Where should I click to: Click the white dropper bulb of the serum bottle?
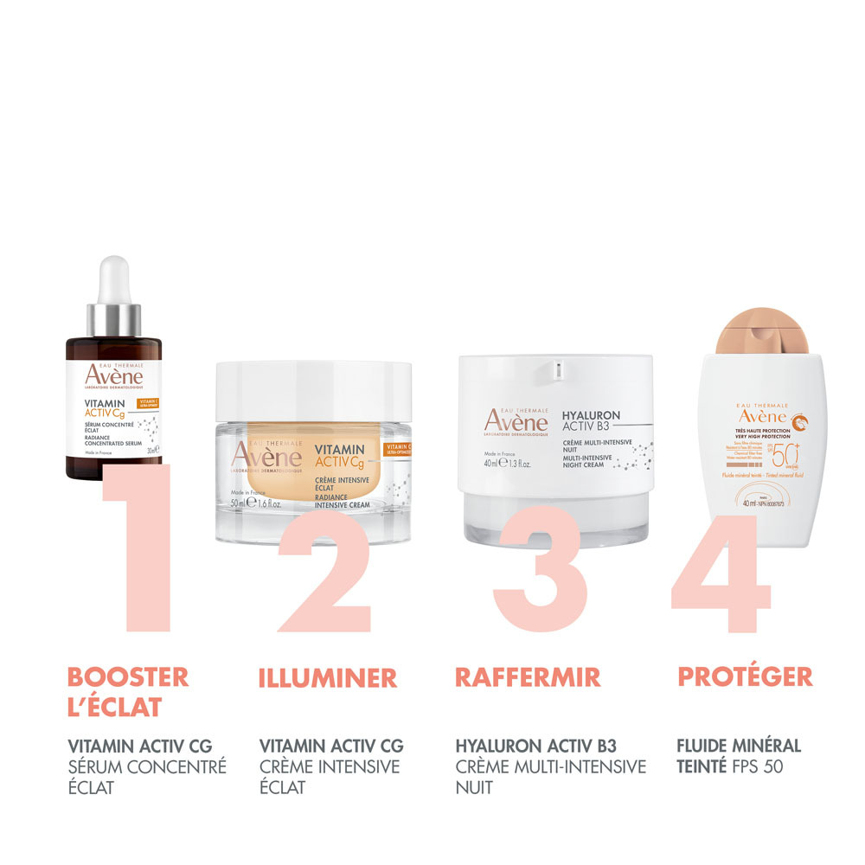113,279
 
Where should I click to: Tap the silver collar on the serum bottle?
113,317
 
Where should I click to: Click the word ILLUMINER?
328,677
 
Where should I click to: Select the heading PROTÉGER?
745,677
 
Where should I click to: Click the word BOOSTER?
127,677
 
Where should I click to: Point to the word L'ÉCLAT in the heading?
115,708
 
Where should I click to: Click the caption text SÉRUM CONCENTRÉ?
147,766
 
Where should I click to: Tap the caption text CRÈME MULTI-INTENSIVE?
550,766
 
